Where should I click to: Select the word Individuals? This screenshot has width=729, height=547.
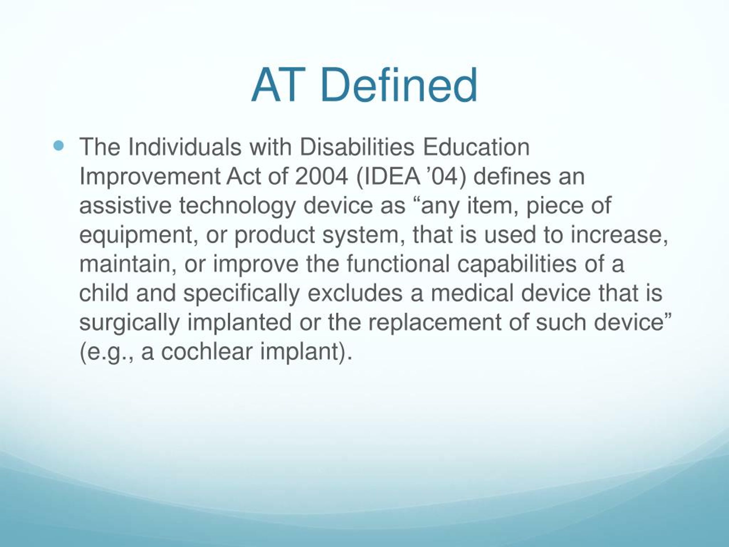coord(185,147)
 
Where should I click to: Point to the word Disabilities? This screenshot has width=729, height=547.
coord(357,147)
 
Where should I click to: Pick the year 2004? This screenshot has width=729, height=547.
coord(321,176)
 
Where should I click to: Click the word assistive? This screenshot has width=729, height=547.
coord(125,205)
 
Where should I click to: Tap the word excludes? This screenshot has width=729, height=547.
coord(355,293)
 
